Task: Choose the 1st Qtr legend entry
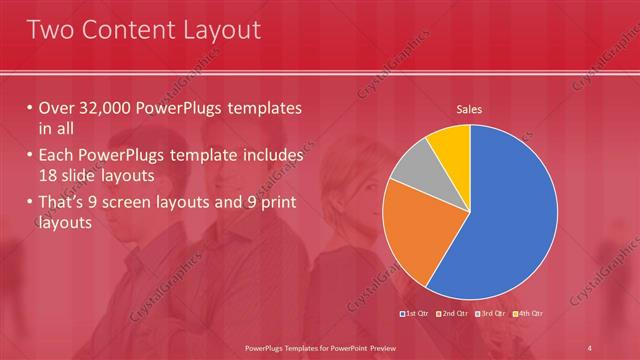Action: (x=416, y=314)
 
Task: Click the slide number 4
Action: (x=590, y=347)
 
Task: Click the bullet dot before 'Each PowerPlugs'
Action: (x=30, y=156)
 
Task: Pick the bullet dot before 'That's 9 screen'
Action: (x=30, y=203)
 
